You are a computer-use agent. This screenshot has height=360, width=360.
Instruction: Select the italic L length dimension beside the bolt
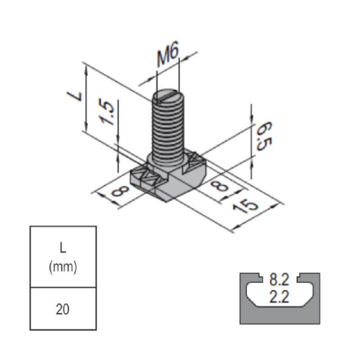74,95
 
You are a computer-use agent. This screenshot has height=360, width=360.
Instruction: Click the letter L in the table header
63,248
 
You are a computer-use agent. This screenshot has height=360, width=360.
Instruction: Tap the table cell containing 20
63,310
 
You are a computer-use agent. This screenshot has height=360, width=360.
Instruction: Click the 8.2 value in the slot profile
279,281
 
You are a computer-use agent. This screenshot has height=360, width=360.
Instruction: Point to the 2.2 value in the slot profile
279,297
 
